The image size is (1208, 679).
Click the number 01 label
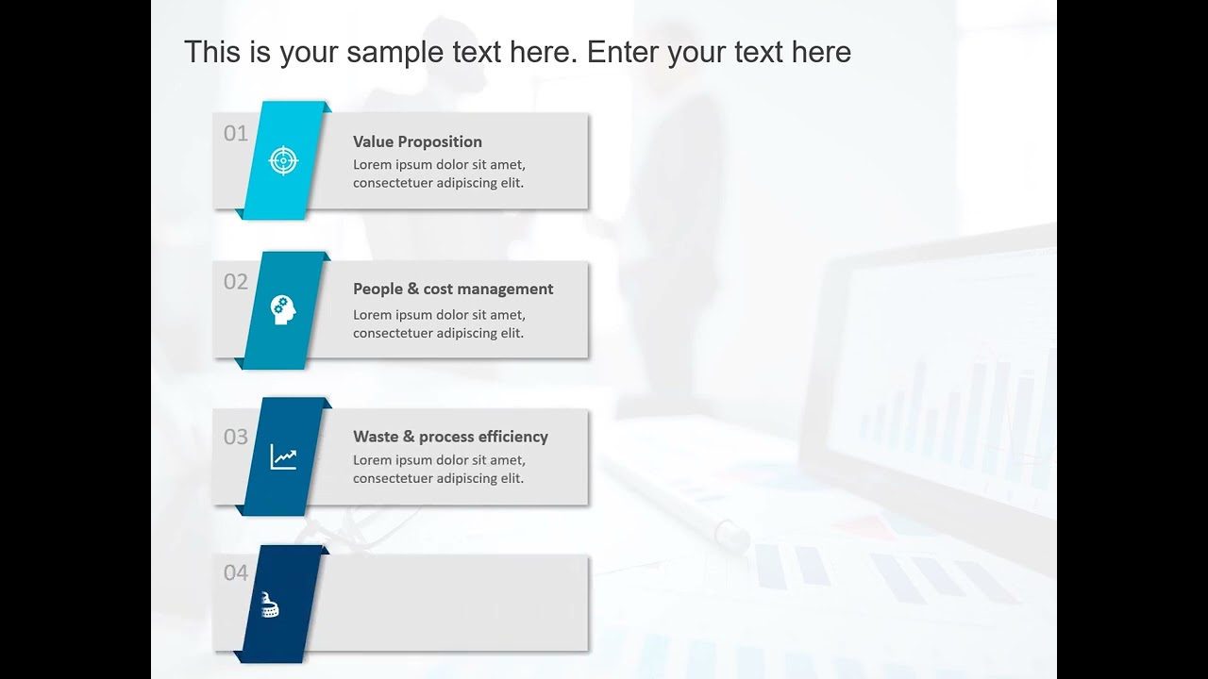click(236, 134)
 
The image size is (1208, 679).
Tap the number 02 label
click(236, 282)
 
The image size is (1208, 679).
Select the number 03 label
click(236, 437)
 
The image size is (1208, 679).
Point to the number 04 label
click(236, 572)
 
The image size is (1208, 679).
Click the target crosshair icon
click(283, 160)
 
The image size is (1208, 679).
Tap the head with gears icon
click(283, 309)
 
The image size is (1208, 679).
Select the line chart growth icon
click(283, 457)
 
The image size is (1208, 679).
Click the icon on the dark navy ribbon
click(271, 604)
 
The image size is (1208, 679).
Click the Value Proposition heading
click(417, 141)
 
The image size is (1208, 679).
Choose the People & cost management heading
click(453, 289)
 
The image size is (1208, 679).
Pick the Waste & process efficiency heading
click(450, 437)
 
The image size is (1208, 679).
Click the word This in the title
click(211, 52)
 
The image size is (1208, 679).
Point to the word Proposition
click(440, 141)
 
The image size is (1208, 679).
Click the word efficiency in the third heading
click(512, 437)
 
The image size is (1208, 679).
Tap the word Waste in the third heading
click(376, 437)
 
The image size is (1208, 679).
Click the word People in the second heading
click(377, 289)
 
